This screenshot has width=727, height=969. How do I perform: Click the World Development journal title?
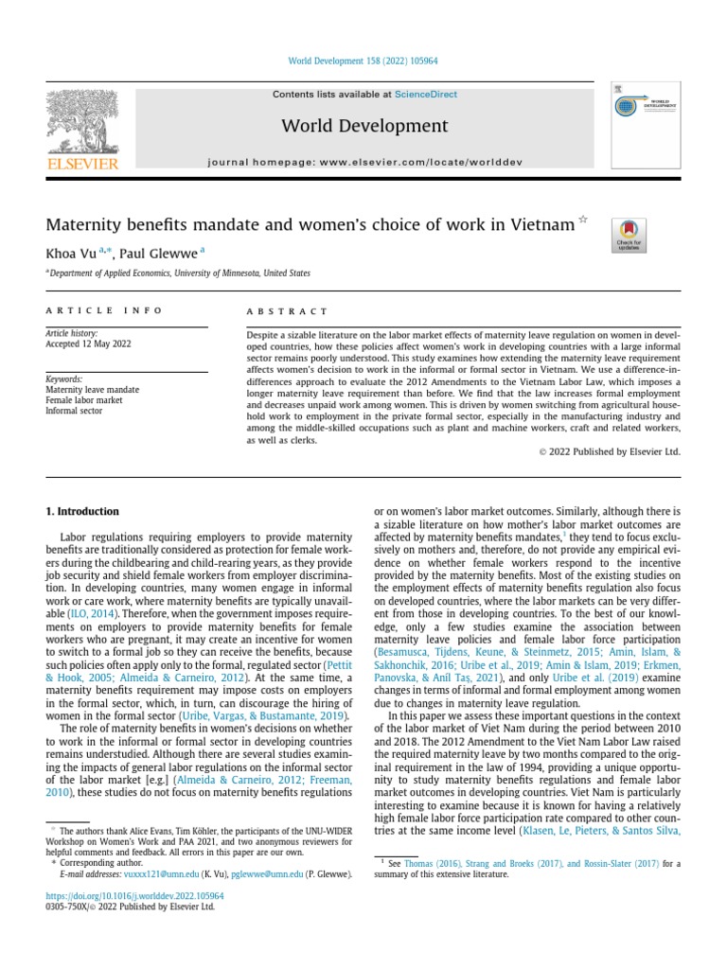pyautogui.click(x=364, y=126)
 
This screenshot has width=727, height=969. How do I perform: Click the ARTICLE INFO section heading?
pyautogui.click(x=104, y=310)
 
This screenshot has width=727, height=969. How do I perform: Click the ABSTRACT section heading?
pyautogui.click(x=287, y=311)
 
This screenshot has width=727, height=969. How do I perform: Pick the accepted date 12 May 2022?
pyautogui.click(x=88, y=344)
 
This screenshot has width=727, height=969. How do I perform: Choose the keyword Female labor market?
pyautogui.click(x=84, y=400)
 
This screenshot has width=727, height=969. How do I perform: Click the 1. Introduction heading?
pyautogui.click(x=82, y=512)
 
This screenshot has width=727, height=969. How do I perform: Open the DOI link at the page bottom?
pyautogui.click(x=134, y=895)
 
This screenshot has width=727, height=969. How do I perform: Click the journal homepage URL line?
pyautogui.click(x=364, y=163)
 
